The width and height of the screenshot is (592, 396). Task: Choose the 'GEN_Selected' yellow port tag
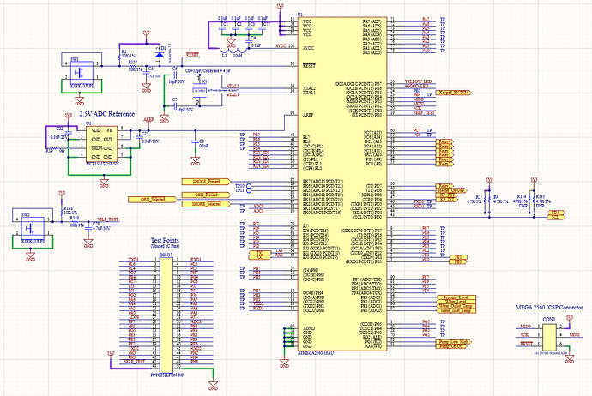(x=148, y=199)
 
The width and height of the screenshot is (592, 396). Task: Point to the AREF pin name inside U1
(x=308, y=113)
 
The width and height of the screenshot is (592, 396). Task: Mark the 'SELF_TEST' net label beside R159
(x=107, y=219)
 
